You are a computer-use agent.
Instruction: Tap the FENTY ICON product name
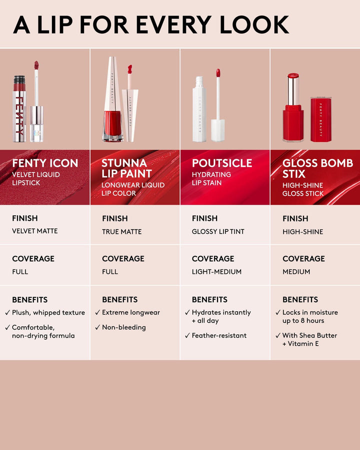point(45,163)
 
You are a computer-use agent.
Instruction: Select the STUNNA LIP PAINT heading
point(126,168)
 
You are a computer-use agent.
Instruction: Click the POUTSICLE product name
point(222,163)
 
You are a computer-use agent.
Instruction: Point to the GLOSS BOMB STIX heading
point(317,168)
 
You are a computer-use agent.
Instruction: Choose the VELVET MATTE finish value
point(35,231)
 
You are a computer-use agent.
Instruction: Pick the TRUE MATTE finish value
point(121,231)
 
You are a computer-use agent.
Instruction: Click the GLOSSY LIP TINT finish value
point(218,231)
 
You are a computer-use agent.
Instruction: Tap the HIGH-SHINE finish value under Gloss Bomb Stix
point(302,231)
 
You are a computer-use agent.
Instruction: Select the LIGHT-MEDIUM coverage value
point(216,271)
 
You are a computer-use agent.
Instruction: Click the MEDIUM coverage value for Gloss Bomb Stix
point(296,271)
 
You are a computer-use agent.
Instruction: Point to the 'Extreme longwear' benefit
point(131,312)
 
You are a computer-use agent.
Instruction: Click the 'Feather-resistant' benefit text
point(219,335)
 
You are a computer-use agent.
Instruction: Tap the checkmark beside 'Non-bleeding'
point(97,327)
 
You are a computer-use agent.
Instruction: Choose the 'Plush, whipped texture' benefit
point(48,312)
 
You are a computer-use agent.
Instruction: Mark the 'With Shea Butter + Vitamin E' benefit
point(309,339)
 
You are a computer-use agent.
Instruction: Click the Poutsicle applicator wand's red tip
point(218,73)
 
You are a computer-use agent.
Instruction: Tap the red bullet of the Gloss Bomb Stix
point(293,76)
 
